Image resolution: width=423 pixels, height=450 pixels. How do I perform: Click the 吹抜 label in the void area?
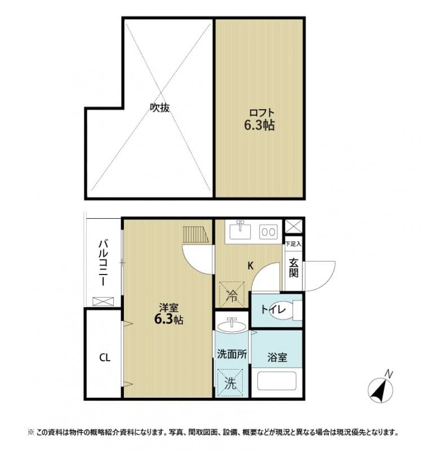(x=159, y=107)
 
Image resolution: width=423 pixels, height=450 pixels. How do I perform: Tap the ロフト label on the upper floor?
(x=259, y=112)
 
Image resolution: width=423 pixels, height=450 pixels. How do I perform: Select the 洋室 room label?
(x=168, y=308)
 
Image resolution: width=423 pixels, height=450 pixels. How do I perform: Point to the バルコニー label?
(x=104, y=263)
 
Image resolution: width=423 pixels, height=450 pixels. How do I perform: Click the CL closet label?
(x=104, y=357)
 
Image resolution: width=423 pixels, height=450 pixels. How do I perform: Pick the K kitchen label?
(x=251, y=265)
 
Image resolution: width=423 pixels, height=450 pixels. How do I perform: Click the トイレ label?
(x=273, y=309)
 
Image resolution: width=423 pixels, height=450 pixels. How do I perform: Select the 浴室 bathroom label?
(x=277, y=357)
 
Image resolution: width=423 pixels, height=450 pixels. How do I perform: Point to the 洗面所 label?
(x=231, y=354)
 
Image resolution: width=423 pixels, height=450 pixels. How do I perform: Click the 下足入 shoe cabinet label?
(x=293, y=244)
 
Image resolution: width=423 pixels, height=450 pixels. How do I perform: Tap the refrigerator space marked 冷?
(x=231, y=294)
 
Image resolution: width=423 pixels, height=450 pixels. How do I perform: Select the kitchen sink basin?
(x=241, y=231)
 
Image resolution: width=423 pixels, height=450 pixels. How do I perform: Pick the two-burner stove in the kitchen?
(x=268, y=231)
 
